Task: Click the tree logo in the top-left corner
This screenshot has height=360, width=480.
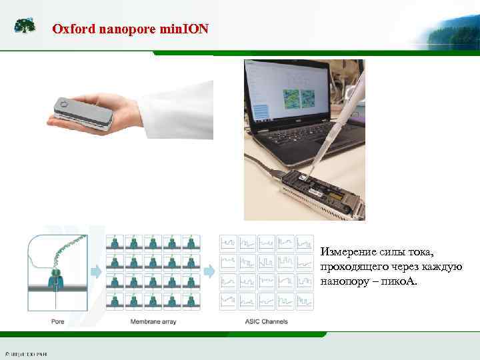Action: pos(25,26)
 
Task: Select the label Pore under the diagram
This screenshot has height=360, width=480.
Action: pos(58,321)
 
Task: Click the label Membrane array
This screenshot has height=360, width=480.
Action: pos(153,321)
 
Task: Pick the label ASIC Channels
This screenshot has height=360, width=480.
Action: pos(267,321)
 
